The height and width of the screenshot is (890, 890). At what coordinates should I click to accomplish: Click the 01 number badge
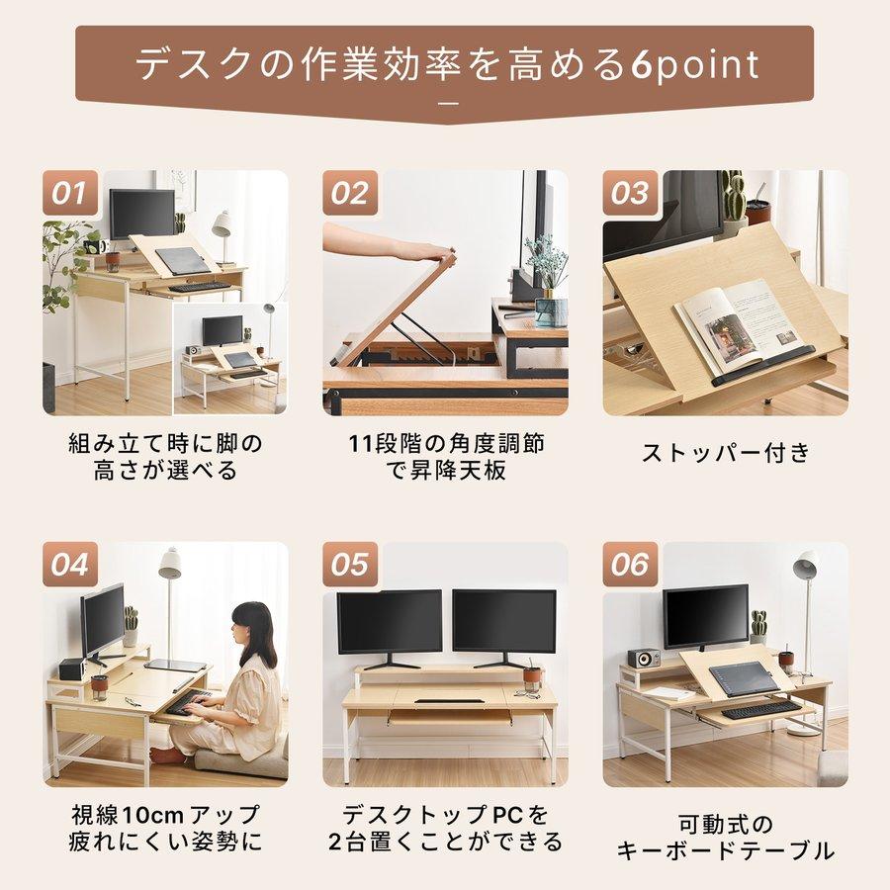coord(69,192)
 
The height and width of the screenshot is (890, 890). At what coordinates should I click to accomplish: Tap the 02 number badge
coord(349,192)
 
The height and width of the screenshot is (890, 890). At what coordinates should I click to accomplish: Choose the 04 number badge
coord(69,565)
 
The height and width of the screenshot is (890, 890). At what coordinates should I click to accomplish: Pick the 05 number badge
coord(349,565)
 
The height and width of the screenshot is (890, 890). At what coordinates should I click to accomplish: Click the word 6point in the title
coord(694,65)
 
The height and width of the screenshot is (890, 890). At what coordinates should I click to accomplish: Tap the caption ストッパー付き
coord(726,453)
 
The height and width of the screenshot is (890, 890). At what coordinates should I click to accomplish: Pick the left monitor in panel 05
coord(389,623)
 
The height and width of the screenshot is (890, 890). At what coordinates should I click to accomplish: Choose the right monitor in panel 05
coord(504,623)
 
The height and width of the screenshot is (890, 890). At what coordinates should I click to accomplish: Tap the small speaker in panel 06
coord(643,658)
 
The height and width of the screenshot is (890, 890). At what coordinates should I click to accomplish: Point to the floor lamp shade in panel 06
coord(806,565)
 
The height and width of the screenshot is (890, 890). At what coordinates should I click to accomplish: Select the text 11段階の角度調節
coord(444,443)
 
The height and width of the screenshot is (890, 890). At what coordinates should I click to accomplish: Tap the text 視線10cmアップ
coord(165,816)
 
